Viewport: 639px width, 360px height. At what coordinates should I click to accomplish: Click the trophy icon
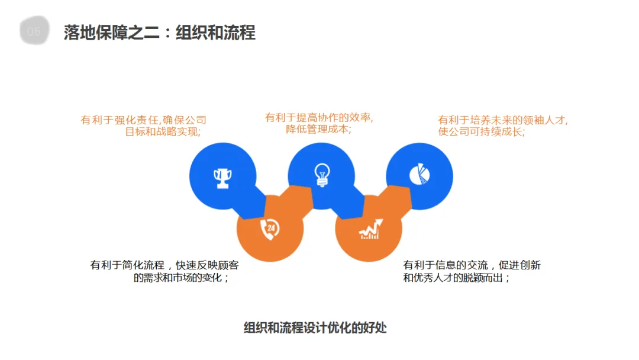click(x=222, y=176)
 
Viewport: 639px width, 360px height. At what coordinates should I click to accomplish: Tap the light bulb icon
click(x=321, y=175)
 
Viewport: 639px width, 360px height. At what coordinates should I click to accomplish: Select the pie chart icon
click(x=419, y=174)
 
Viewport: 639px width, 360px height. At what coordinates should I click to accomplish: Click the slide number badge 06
click(x=34, y=31)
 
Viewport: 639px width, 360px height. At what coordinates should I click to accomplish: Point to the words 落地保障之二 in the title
click(x=111, y=33)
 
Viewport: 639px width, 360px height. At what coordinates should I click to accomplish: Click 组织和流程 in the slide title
click(x=215, y=33)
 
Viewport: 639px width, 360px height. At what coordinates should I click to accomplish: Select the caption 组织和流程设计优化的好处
click(x=315, y=327)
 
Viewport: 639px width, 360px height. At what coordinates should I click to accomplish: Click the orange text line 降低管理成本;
click(x=318, y=129)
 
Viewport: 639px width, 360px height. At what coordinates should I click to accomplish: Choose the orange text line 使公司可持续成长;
click(x=481, y=131)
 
